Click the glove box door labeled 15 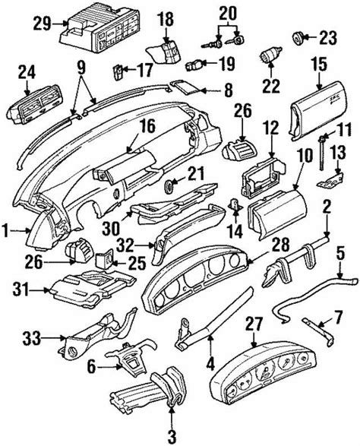318,103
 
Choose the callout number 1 8,227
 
